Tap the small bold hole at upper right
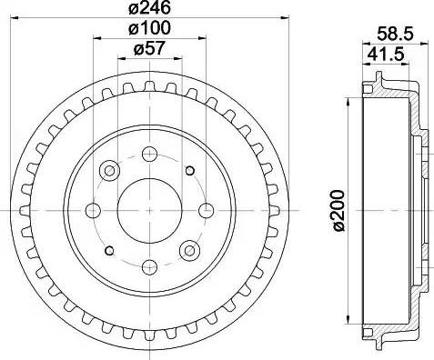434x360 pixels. click(189, 170)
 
